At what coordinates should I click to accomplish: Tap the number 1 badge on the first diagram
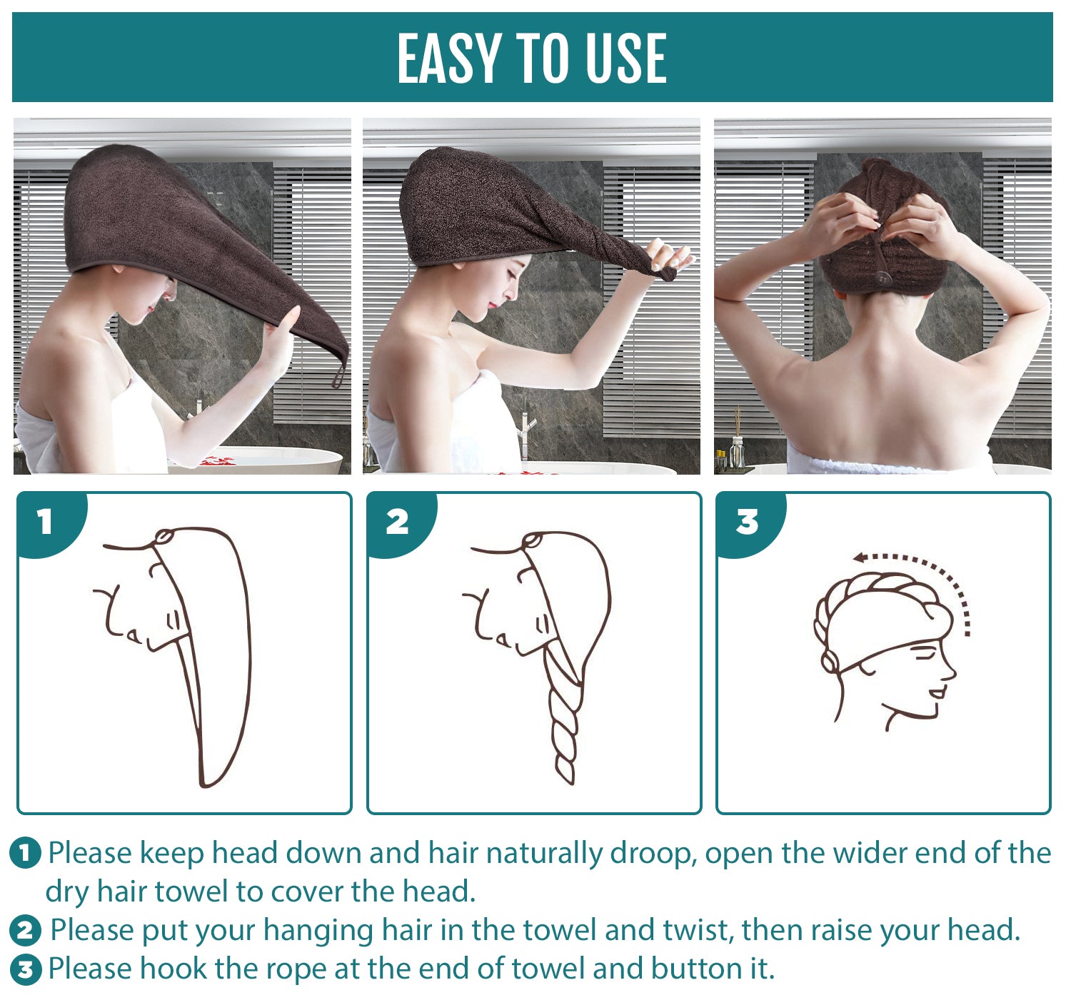coord(45,522)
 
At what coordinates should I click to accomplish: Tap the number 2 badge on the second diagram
coord(397,522)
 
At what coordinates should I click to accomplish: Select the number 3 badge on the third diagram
coord(747,522)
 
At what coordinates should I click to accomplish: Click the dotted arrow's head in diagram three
coord(860,557)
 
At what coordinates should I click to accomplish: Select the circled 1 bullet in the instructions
coord(25,853)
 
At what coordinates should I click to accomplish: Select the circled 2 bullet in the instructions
coord(25,930)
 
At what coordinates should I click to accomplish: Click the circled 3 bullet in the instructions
coord(25,969)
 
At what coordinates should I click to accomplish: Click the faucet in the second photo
coord(527,428)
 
